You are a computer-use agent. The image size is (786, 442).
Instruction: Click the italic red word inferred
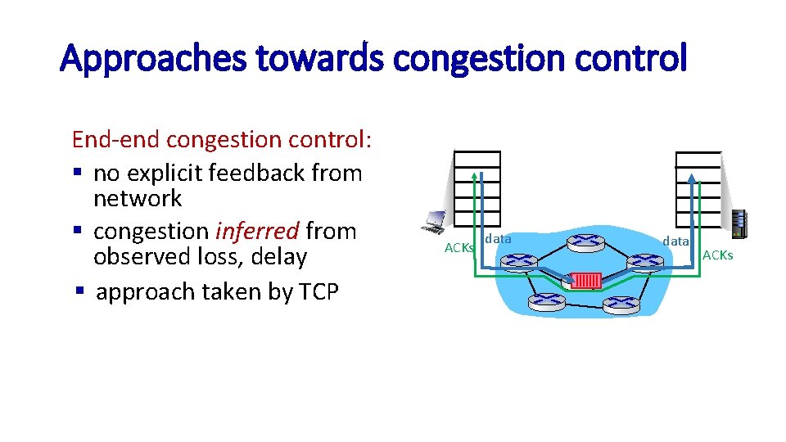(257, 232)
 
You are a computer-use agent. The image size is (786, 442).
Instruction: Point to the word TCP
(315, 291)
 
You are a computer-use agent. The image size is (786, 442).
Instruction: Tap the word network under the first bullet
(138, 199)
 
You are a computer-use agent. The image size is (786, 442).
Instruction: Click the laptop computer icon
(434, 222)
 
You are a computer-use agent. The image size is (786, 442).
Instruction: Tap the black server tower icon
(739, 223)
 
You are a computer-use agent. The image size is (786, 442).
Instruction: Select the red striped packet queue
(586, 281)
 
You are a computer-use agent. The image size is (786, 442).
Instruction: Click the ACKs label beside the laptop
(458, 248)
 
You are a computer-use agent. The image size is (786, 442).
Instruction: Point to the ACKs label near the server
(718, 256)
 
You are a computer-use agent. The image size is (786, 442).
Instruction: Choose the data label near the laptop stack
(498, 239)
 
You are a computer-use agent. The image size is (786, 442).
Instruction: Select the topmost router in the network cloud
(585, 241)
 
